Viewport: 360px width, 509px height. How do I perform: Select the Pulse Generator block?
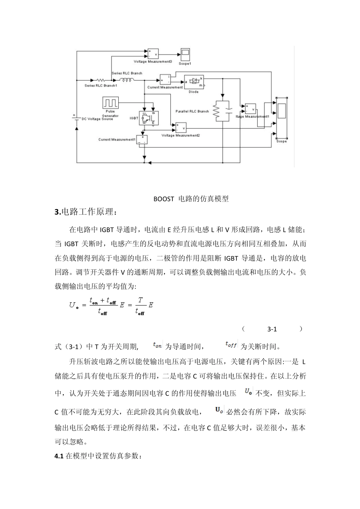coord(111,102)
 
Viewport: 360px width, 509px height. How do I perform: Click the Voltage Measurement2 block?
coord(180,128)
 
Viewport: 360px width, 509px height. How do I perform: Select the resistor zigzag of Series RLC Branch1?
coord(100,80)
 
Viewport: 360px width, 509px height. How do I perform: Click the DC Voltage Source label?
coord(97,119)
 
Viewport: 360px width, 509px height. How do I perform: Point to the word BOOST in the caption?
coord(163,199)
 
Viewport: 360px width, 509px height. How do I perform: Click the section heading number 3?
coord(57,212)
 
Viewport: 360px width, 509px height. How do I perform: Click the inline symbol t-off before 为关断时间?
coord(231,345)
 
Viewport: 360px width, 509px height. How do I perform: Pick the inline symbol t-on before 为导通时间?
coord(157,345)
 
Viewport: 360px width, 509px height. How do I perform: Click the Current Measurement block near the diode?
coord(165,80)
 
